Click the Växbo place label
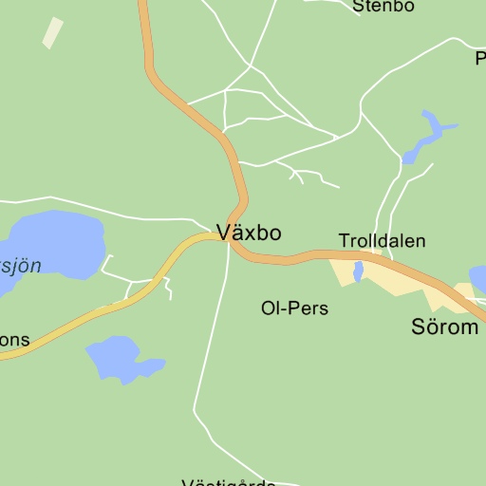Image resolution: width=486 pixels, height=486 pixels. pyautogui.click(x=249, y=233)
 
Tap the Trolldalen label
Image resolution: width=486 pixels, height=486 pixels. pyautogui.click(x=383, y=241)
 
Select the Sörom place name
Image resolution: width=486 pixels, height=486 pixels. pyautogui.click(x=444, y=327)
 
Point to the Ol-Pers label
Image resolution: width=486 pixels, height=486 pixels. pyautogui.click(x=294, y=308)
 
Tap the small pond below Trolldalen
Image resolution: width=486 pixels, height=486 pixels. pyautogui.click(x=359, y=272)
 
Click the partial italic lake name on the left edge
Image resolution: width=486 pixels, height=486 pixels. pyautogui.click(x=20, y=265)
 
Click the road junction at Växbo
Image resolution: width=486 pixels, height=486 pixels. pyautogui.click(x=228, y=237)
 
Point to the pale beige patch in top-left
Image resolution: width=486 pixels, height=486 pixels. pyautogui.click(x=53, y=32)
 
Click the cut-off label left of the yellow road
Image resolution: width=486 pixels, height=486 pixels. pyautogui.click(x=14, y=339)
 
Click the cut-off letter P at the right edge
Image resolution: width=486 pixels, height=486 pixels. pyautogui.click(x=480, y=59)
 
